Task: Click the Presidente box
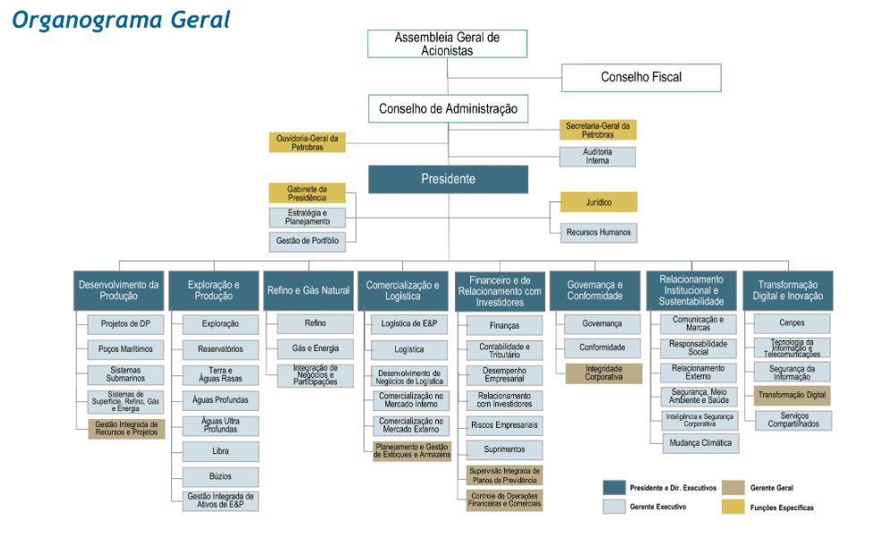448,179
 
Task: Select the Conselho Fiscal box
641,78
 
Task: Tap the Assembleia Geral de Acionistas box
447,44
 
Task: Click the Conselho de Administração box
448,109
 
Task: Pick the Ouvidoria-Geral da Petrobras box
306,142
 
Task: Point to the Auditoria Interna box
597,157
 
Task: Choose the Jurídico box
598,202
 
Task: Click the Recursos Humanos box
598,233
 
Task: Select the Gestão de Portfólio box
306,242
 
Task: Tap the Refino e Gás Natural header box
308,291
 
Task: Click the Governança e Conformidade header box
595,291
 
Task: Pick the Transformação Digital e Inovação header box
787,291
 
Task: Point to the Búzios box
220,477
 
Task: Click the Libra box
220,452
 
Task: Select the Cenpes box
792,323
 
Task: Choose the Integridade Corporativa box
603,373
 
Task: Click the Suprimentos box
504,449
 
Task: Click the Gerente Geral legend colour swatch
733,488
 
